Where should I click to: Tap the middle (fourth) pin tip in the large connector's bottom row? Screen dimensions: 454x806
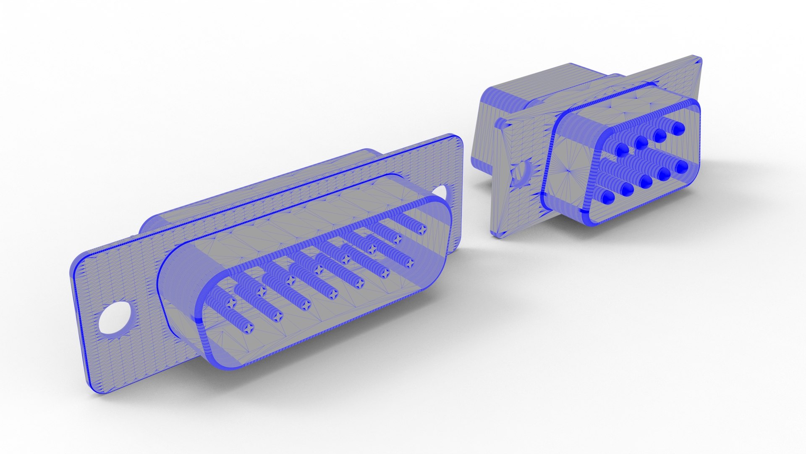pyautogui.click(x=333, y=294)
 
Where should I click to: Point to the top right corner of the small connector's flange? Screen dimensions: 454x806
pyautogui.click(x=700, y=59)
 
